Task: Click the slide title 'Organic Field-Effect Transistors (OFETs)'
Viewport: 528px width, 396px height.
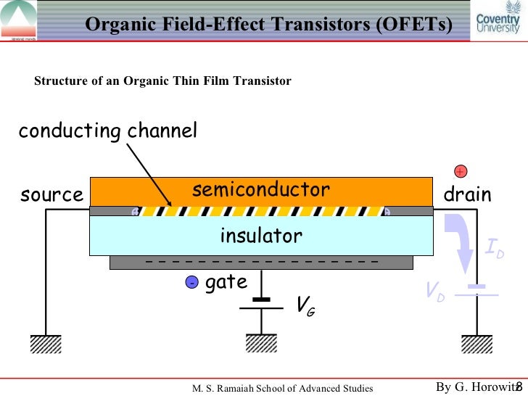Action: click(268, 24)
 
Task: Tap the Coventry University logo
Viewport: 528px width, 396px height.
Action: click(498, 22)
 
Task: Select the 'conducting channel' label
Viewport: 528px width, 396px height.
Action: click(107, 131)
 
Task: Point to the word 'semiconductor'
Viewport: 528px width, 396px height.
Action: click(260, 190)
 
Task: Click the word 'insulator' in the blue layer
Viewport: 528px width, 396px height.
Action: click(260, 236)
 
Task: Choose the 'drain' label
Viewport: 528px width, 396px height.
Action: click(467, 194)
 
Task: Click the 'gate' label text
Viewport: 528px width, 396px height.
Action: click(226, 282)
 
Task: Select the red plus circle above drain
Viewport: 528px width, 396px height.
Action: click(460, 171)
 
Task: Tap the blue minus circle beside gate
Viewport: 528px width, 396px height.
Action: click(191, 283)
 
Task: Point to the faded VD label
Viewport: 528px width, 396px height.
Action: click(436, 292)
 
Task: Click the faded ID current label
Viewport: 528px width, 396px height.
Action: click(495, 252)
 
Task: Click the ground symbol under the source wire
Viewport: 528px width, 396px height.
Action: click(46, 344)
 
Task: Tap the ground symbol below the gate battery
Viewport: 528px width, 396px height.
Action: click(260, 342)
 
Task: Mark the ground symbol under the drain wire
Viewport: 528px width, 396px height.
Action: click(477, 344)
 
